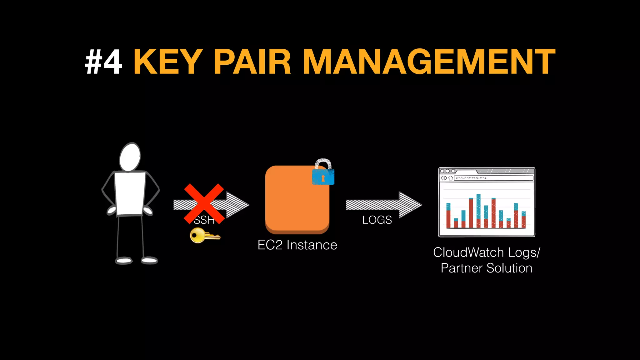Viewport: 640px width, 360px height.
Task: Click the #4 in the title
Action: (x=104, y=62)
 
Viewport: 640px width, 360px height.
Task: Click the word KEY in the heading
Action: (x=168, y=62)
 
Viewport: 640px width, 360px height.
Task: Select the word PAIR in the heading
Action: (x=252, y=62)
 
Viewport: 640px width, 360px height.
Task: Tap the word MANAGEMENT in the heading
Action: (x=429, y=62)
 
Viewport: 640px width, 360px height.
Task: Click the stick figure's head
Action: (x=130, y=157)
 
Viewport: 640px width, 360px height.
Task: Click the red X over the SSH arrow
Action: (x=204, y=203)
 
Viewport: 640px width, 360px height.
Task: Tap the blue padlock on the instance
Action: (x=323, y=176)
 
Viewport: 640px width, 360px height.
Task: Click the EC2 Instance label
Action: (x=297, y=245)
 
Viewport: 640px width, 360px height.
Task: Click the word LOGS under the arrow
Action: (x=377, y=220)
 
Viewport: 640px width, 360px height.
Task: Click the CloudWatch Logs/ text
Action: (x=486, y=252)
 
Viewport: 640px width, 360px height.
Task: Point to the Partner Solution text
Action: (x=486, y=268)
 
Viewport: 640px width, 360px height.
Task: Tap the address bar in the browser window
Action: (x=494, y=178)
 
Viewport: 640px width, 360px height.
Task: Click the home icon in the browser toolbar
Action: (x=451, y=178)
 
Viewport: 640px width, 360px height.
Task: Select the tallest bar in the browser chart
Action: (x=478, y=211)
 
